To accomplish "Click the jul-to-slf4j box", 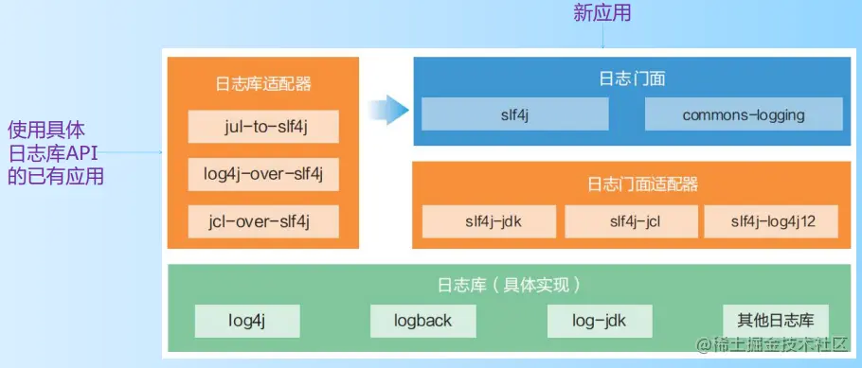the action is coord(262,127).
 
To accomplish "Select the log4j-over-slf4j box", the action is coord(262,174).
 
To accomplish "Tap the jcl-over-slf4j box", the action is coord(262,221).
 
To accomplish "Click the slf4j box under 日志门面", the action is coord(515,114).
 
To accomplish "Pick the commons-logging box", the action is coord(744,114).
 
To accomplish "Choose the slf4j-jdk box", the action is coord(490,222).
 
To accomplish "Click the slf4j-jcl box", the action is coord(631,222).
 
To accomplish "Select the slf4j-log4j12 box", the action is coord(771,222).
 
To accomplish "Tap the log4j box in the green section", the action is coord(247,321).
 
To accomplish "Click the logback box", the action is coord(422,321).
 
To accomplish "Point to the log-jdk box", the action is coord(600,321).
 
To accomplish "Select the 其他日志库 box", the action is coord(775,321).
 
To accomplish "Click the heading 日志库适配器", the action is coord(262,84).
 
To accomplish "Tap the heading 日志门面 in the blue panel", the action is coord(632,79).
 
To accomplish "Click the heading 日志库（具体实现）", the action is coord(509,285).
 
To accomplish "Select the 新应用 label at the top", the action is coord(602,12).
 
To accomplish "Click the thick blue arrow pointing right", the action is coord(388,110).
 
